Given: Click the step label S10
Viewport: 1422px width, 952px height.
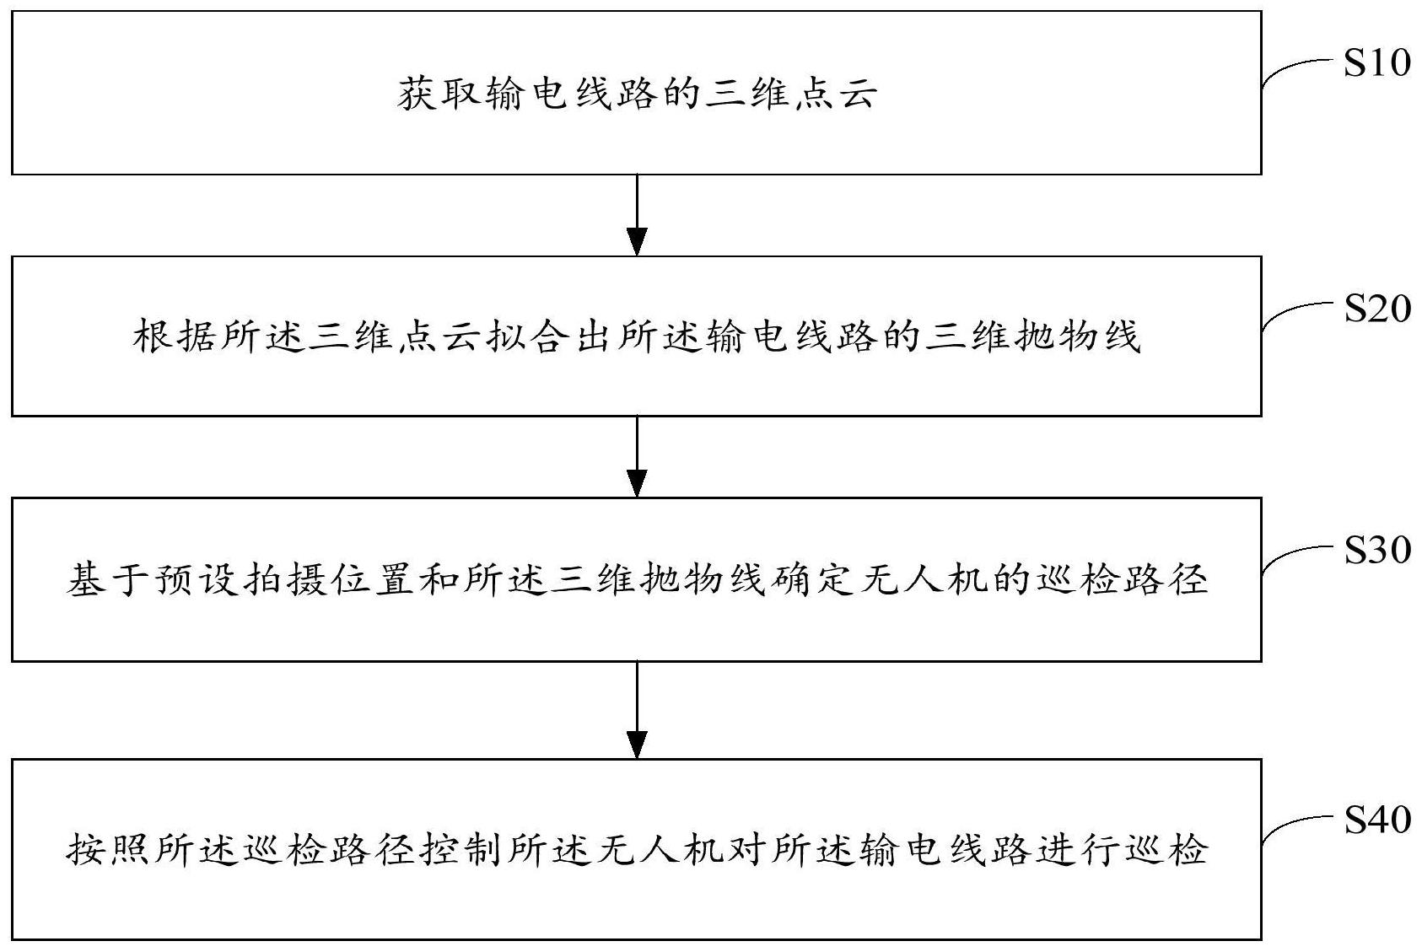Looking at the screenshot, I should [x=1376, y=63].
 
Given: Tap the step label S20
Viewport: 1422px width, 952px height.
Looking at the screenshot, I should [x=1376, y=309].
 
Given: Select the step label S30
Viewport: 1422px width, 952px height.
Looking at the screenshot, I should [x=1376, y=550].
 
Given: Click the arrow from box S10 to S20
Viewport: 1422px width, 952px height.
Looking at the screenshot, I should [x=638, y=215].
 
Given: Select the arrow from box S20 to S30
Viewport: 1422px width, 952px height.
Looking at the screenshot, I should [x=638, y=456].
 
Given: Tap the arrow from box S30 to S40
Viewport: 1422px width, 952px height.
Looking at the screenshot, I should [x=638, y=709].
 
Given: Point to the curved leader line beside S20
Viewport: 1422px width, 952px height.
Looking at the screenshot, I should [x=1299, y=314].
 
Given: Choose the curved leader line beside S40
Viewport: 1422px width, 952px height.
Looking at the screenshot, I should [x=1299, y=824].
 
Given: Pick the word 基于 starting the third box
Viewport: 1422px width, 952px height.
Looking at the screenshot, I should [x=110, y=580].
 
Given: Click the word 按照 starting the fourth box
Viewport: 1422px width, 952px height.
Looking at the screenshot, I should [x=110, y=848].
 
